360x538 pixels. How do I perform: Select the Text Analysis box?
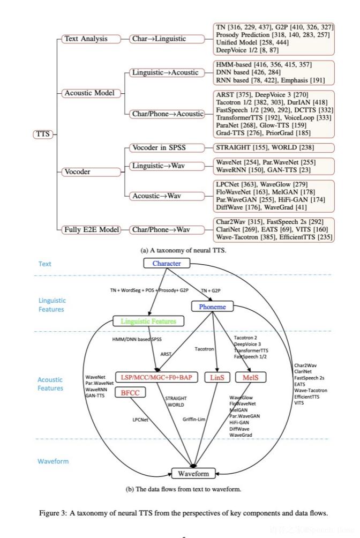click(x=85, y=39)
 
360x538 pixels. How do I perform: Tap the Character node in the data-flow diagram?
click(x=167, y=264)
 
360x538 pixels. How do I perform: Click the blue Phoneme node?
click(x=212, y=306)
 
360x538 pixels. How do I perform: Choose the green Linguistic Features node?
click(x=147, y=322)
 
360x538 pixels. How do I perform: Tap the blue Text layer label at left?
click(x=45, y=264)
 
